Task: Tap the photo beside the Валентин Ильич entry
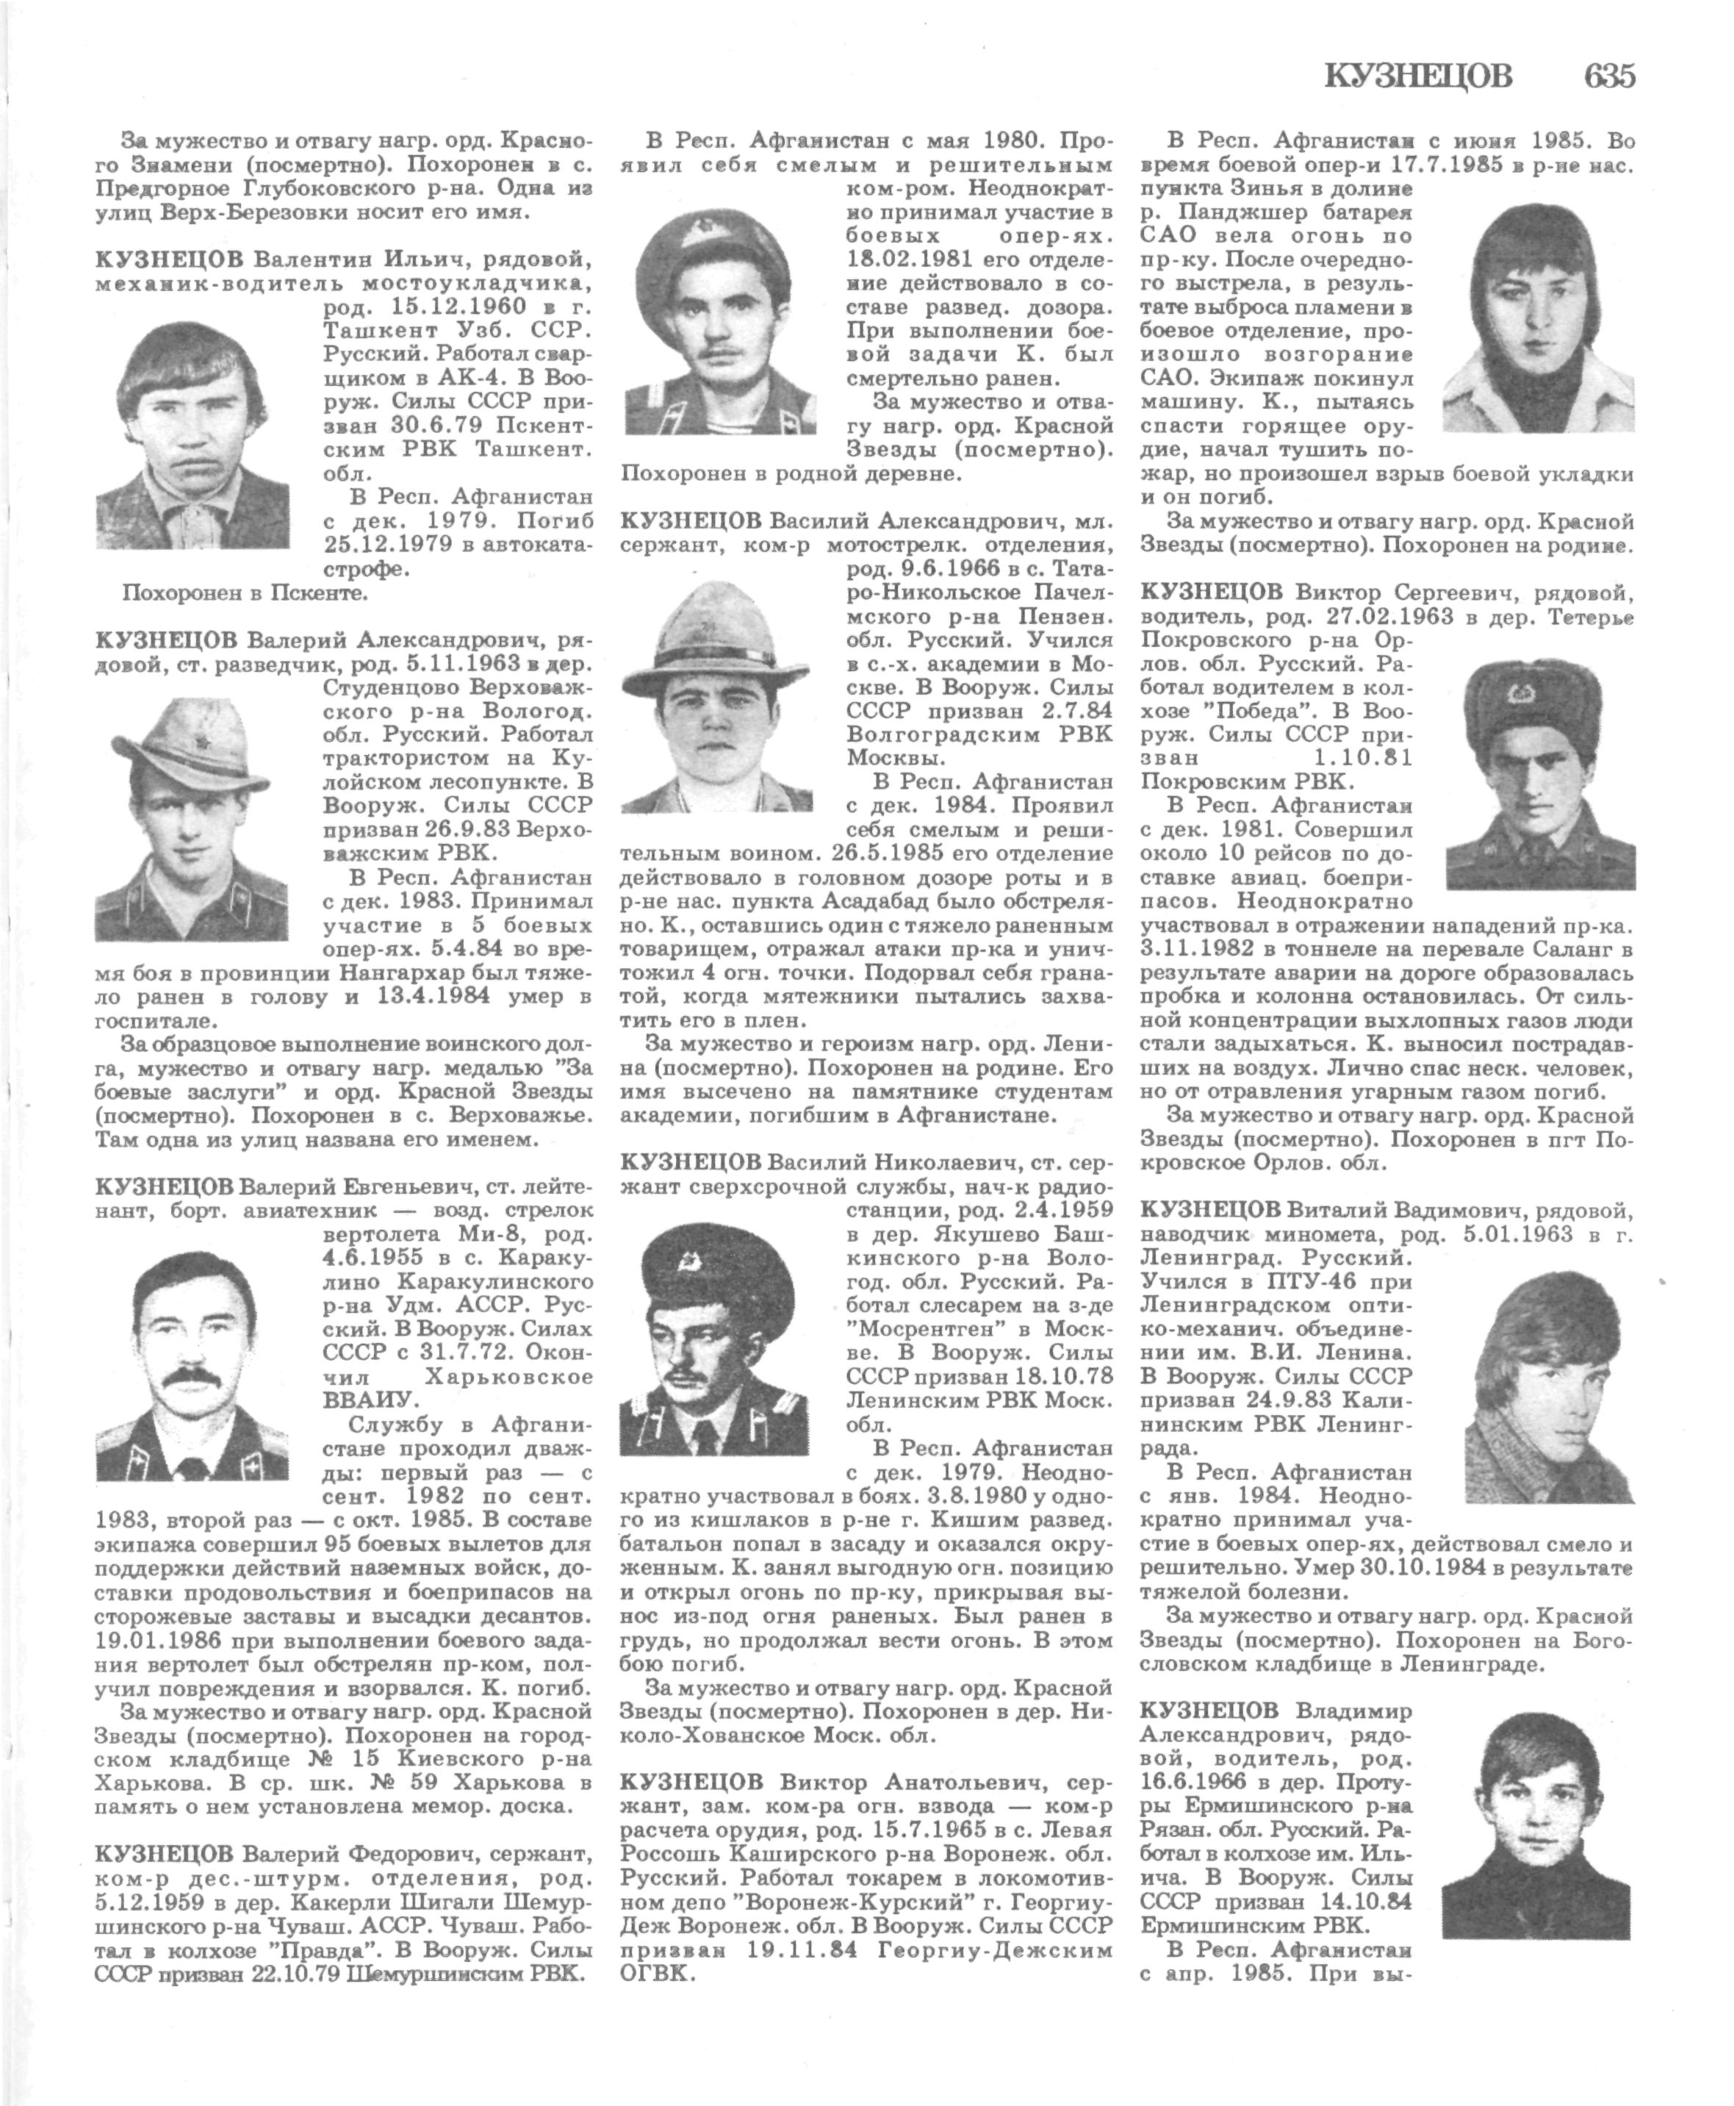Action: pos(193,431)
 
